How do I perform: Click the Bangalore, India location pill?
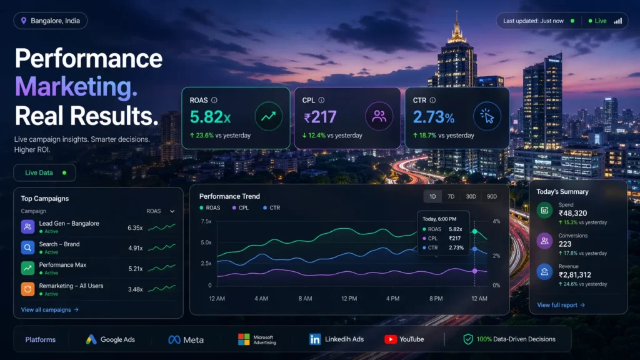[x=51, y=21]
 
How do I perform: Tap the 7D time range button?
[x=451, y=196]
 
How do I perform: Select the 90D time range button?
[x=492, y=196]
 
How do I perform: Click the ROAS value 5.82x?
[x=210, y=117]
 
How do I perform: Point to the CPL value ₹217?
[x=320, y=117]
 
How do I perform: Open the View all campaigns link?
[x=49, y=309]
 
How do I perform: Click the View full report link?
[x=561, y=305]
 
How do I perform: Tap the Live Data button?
[x=44, y=172]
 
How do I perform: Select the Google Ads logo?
[x=111, y=339]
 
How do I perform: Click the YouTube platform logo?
[x=404, y=339]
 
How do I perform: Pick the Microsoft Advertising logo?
[x=256, y=339]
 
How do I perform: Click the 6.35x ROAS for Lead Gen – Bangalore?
[x=135, y=227]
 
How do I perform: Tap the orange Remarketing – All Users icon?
[x=28, y=289]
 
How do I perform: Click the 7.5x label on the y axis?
[x=206, y=221]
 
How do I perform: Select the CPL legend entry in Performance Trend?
[x=240, y=207]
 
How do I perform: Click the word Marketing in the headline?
[x=76, y=87]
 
